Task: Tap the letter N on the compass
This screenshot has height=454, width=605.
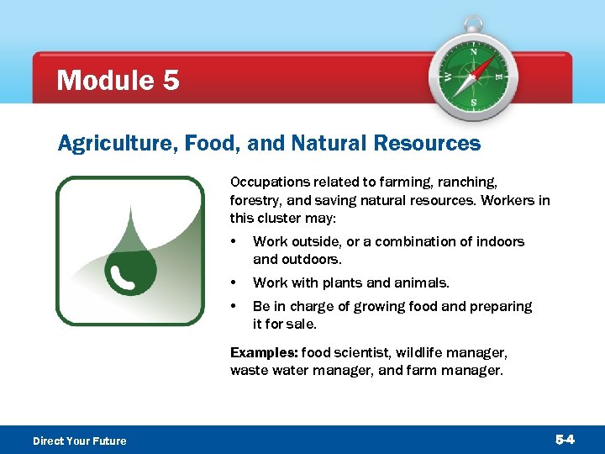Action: [x=473, y=52]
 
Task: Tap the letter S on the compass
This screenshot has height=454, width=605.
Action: [x=473, y=103]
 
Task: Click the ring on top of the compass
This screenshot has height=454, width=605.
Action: [x=473, y=24]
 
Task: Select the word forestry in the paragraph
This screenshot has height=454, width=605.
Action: [x=255, y=200]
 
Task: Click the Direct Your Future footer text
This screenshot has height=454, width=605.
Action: [x=79, y=441]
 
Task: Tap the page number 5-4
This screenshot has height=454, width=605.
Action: [x=565, y=440]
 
